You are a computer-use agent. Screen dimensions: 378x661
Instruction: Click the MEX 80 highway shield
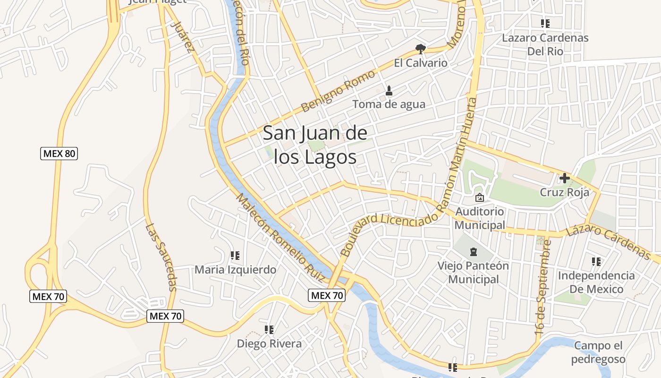[x=59, y=154]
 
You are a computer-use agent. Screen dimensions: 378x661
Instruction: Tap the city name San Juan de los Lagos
[x=315, y=145]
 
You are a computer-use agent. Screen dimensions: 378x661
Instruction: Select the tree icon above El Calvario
[x=420, y=49]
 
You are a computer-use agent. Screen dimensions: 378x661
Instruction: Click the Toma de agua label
[x=389, y=104]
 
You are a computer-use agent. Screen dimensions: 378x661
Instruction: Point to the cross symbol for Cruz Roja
[x=564, y=178]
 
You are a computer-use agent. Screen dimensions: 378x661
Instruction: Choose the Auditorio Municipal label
[x=480, y=218]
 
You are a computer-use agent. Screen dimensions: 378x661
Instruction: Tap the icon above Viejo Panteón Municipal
[x=473, y=252]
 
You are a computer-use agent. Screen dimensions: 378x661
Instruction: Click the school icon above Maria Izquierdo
[x=235, y=256]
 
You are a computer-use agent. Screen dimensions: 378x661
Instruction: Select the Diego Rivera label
[x=269, y=344]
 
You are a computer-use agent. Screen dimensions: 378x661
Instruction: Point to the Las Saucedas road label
[x=161, y=258]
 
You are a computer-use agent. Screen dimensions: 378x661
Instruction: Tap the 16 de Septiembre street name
[x=543, y=288]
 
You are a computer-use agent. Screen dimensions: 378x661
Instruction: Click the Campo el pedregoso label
[x=598, y=352]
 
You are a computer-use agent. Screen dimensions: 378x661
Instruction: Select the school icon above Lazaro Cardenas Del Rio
[x=545, y=23]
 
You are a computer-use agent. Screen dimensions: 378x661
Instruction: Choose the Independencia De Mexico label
[x=596, y=282]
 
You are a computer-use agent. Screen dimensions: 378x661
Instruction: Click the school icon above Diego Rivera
[x=269, y=329]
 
